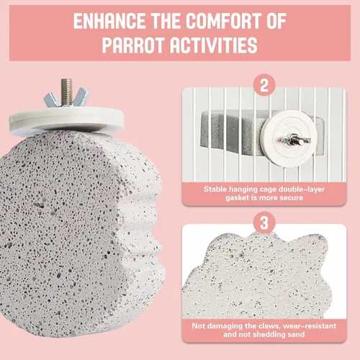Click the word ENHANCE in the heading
(x=109, y=21)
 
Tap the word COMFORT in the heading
(x=224, y=21)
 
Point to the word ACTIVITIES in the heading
(x=214, y=45)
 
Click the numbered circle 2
(x=264, y=85)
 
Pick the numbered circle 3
(x=264, y=222)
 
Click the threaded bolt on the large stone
(x=66, y=92)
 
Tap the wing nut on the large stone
(x=66, y=98)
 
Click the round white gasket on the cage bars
(x=289, y=138)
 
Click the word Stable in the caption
(x=215, y=189)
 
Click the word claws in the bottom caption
(x=269, y=326)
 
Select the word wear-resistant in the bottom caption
(x=310, y=326)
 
